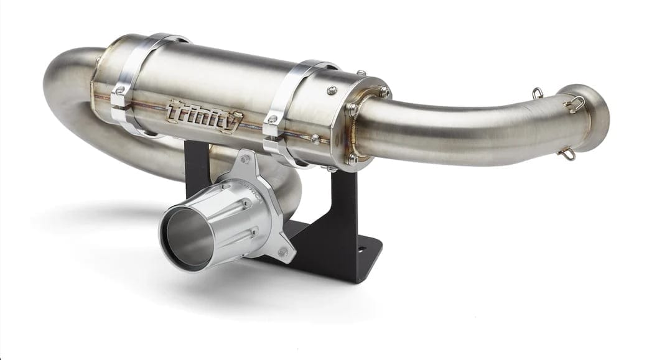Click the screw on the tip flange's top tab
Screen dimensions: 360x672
(246, 160)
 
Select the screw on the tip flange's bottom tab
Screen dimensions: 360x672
(283, 252)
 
